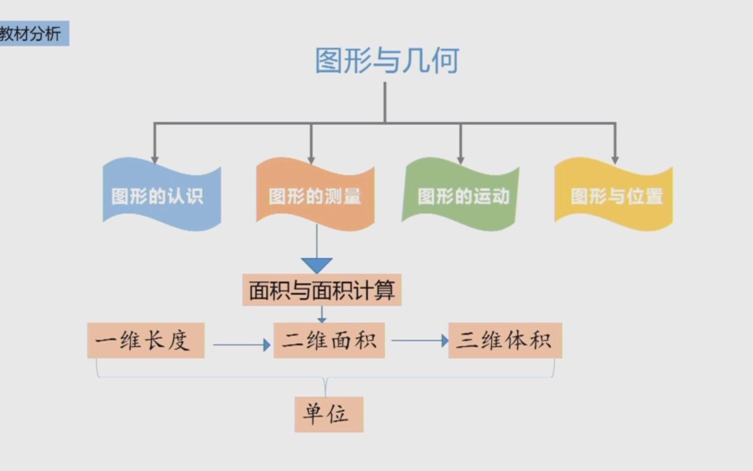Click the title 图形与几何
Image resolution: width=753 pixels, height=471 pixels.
pos(387,60)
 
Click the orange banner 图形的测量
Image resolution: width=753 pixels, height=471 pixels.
pos(315,195)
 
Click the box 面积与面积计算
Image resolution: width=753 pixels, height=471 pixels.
pos(322,290)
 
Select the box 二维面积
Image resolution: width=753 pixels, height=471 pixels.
pos(329,341)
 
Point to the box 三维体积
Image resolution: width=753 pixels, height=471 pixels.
pos(505,341)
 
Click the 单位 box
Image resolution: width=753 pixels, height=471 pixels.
pos(329,414)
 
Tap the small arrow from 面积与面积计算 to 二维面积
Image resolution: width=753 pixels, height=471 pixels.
pos(322,314)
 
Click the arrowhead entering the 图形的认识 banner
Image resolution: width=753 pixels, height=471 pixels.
pos(155,160)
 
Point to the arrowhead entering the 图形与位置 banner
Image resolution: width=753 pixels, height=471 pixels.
pos(615,160)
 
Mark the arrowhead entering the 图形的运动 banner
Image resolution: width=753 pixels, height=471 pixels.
pos(461,160)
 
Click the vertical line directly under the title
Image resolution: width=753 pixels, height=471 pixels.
pos(385,102)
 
